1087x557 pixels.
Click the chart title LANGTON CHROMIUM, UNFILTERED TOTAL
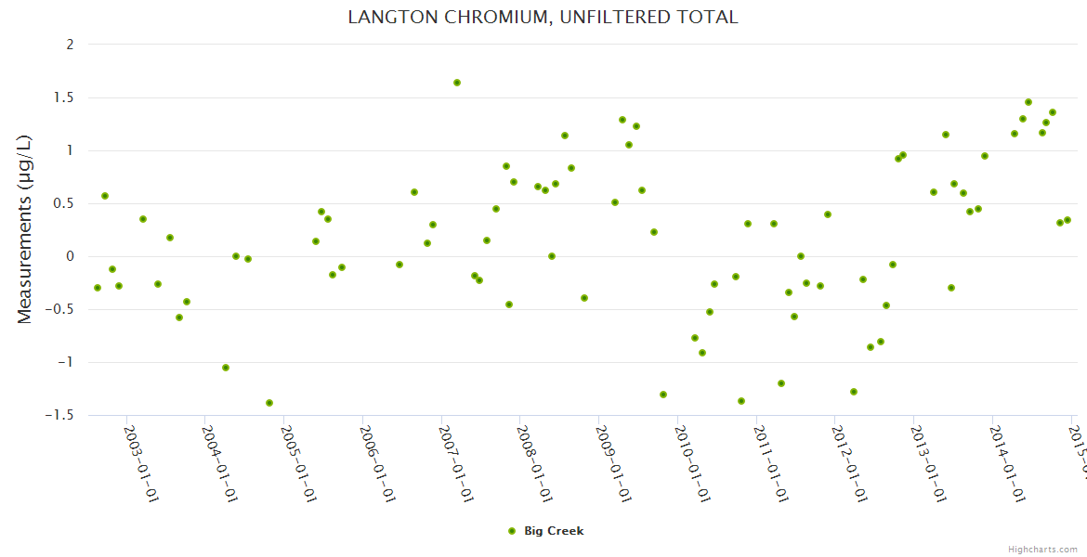click(543, 17)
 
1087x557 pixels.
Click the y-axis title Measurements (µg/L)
click(25, 229)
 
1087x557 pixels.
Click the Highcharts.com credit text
click(1042, 550)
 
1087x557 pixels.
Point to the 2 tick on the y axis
click(70, 45)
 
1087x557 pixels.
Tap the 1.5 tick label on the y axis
click(64, 97)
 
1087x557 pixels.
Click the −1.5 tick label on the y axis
click(59, 415)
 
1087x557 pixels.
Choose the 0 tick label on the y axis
click(70, 256)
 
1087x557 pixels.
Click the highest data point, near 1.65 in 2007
click(457, 83)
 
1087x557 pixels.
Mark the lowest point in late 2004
click(269, 403)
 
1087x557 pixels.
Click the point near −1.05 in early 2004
click(226, 368)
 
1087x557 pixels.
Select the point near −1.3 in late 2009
click(663, 395)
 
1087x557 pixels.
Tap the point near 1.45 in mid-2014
click(1028, 102)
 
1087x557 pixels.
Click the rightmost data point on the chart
click(1067, 220)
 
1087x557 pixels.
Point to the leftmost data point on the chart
click(98, 288)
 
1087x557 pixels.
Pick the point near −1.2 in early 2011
click(781, 383)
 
